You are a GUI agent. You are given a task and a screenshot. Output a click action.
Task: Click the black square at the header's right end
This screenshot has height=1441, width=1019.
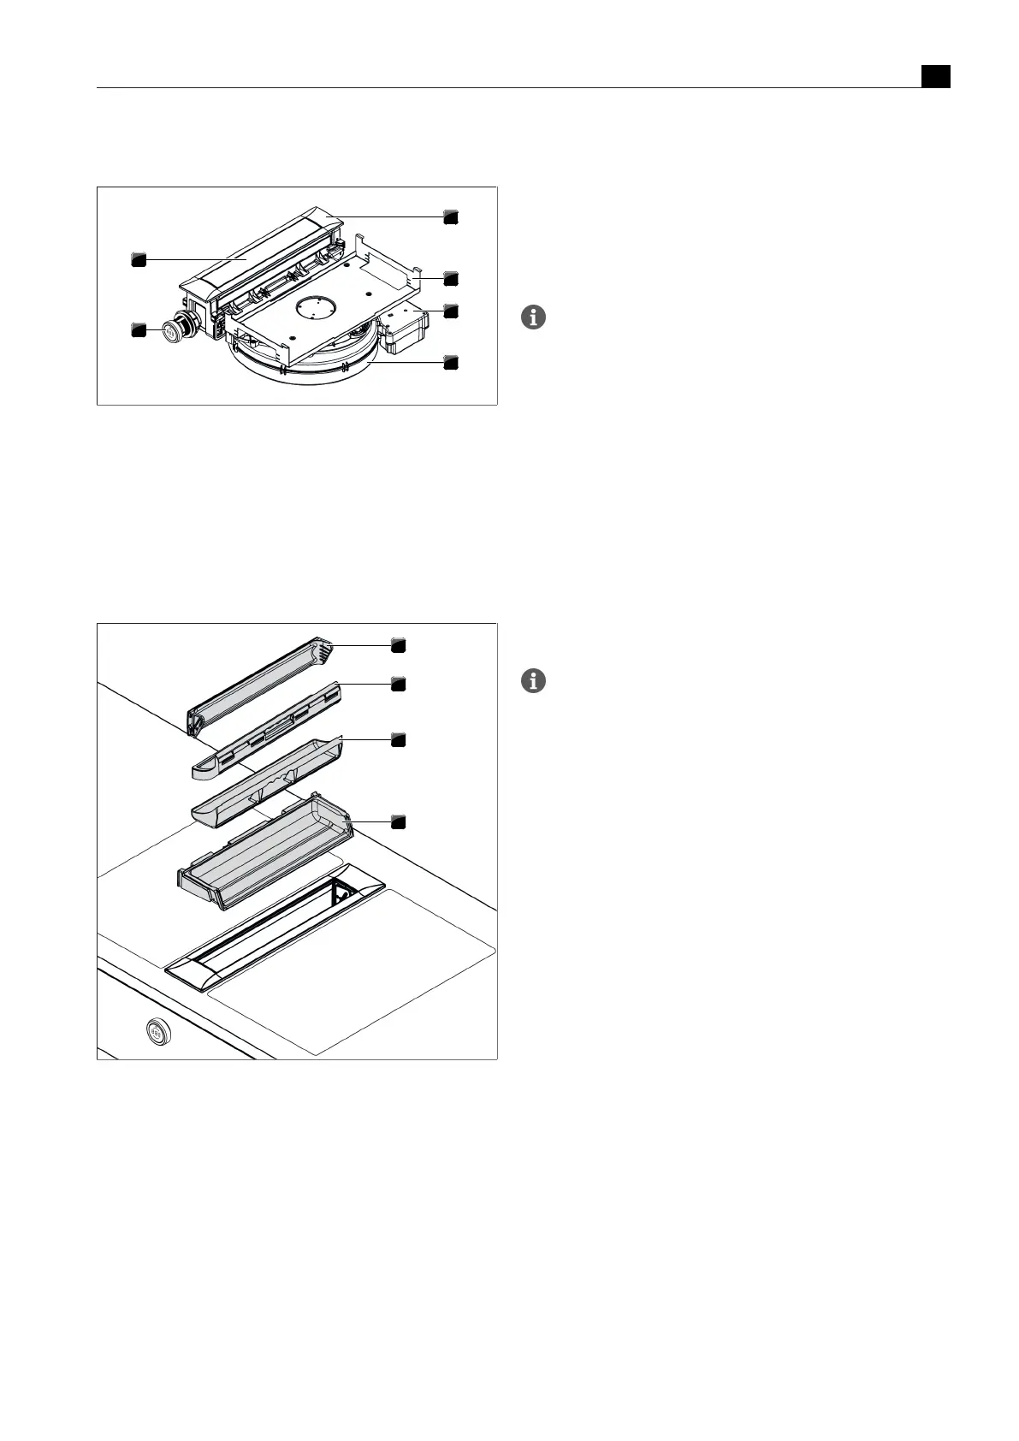coord(936,76)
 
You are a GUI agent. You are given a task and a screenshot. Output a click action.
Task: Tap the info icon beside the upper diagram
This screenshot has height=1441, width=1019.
coord(533,318)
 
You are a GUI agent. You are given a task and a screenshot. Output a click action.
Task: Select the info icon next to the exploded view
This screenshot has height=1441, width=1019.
coord(533,682)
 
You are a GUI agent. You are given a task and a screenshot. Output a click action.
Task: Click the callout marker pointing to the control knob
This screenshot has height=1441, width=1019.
coord(139,329)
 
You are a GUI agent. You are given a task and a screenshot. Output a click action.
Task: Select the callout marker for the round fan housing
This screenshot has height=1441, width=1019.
coord(451,363)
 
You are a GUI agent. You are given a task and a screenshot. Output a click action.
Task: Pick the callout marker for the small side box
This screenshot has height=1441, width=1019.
coord(451,311)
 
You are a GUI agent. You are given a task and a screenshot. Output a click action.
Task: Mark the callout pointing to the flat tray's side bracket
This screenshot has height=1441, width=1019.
coord(451,278)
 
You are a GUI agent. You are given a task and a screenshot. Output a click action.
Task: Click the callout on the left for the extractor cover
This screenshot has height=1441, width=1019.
coord(139,258)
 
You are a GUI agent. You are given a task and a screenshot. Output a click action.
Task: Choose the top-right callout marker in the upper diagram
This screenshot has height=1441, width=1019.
coord(451,217)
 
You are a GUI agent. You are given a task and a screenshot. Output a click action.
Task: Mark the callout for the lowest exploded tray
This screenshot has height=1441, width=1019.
coord(398,821)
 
